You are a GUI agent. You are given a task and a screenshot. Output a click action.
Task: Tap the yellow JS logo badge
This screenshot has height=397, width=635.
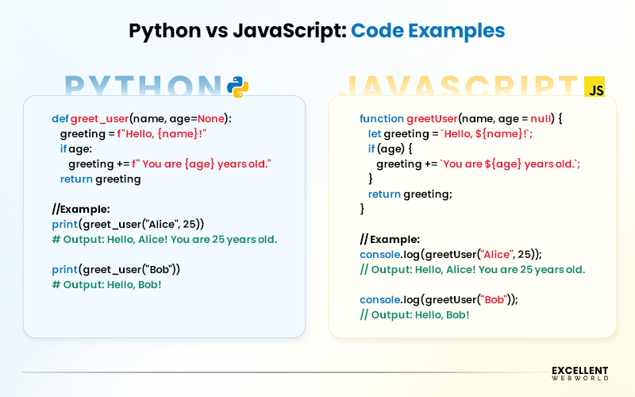tap(595, 87)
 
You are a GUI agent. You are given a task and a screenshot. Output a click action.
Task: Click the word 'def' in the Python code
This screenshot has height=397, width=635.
tap(60, 118)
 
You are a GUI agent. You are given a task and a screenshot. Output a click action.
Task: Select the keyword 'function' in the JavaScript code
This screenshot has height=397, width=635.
tap(382, 118)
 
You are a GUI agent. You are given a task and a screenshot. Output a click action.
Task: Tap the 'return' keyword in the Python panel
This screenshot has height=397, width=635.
tap(76, 179)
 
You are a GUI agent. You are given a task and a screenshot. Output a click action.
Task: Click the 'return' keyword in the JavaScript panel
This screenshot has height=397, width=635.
tap(384, 194)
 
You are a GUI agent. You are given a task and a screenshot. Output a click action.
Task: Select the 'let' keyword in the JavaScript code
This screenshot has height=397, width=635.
tap(375, 133)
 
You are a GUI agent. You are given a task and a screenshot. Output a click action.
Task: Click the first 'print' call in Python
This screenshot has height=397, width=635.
tap(66, 224)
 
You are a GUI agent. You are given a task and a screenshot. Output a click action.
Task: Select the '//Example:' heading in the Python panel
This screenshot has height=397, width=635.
tap(81, 210)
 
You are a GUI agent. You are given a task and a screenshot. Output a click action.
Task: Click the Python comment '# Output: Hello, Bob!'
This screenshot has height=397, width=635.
tap(106, 284)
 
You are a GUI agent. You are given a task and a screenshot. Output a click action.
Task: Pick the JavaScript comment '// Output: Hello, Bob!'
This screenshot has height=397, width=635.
tap(414, 314)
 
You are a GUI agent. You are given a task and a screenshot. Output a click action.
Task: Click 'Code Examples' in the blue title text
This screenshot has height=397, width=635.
tap(428, 31)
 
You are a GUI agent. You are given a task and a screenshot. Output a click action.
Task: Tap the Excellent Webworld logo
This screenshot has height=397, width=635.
tap(579, 372)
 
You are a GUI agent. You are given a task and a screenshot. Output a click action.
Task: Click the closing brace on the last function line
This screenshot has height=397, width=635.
tap(363, 209)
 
